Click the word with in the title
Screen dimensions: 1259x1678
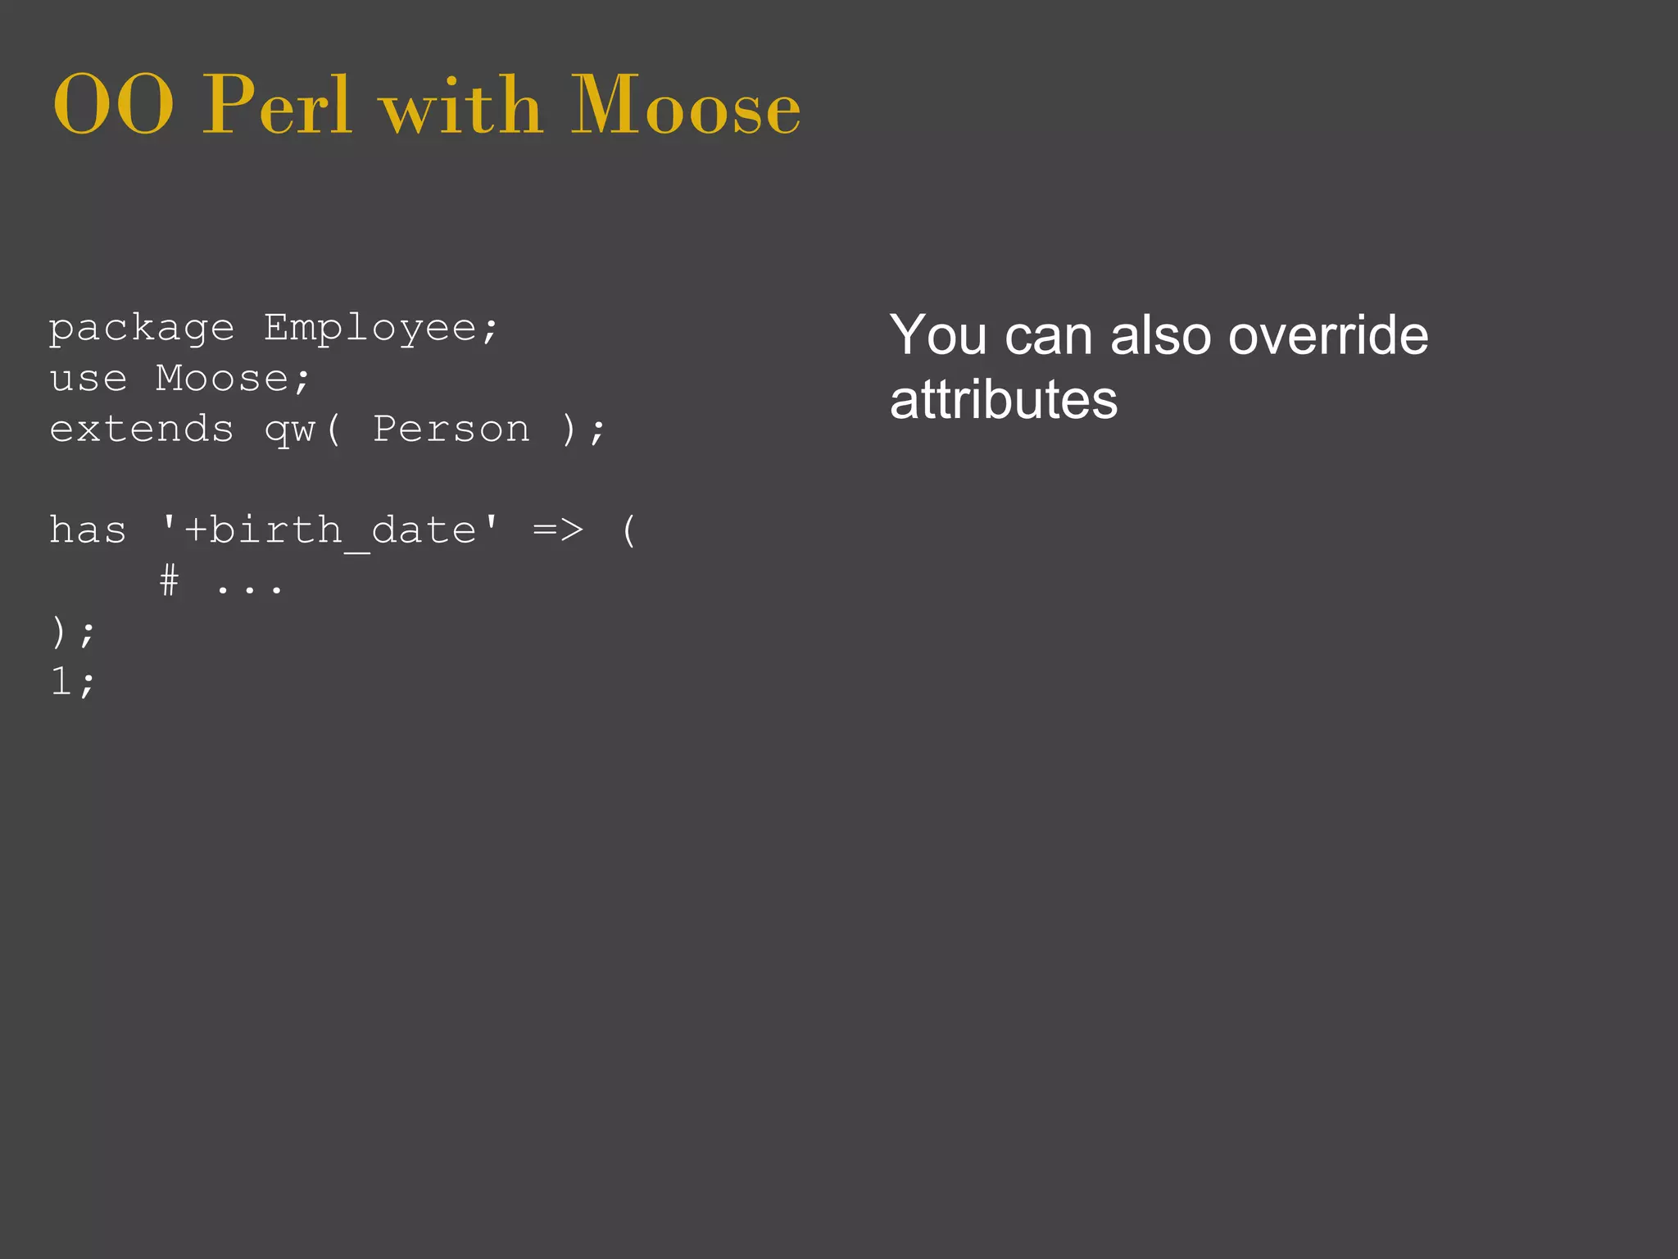pyautogui.click(x=461, y=107)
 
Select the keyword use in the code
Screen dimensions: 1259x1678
pyautogui.click(x=88, y=379)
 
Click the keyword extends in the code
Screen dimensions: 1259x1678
pyautogui.click(x=142, y=430)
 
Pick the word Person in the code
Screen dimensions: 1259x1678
pyautogui.click(x=451, y=430)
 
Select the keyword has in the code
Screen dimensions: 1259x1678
pyautogui.click(x=88, y=530)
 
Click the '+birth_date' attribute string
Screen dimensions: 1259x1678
pyautogui.click(x=329, y=530)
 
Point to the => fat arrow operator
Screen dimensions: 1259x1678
pyautogui.click(x=558, y=530)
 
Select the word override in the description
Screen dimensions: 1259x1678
pyautogui.click(x=1328, y=335)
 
